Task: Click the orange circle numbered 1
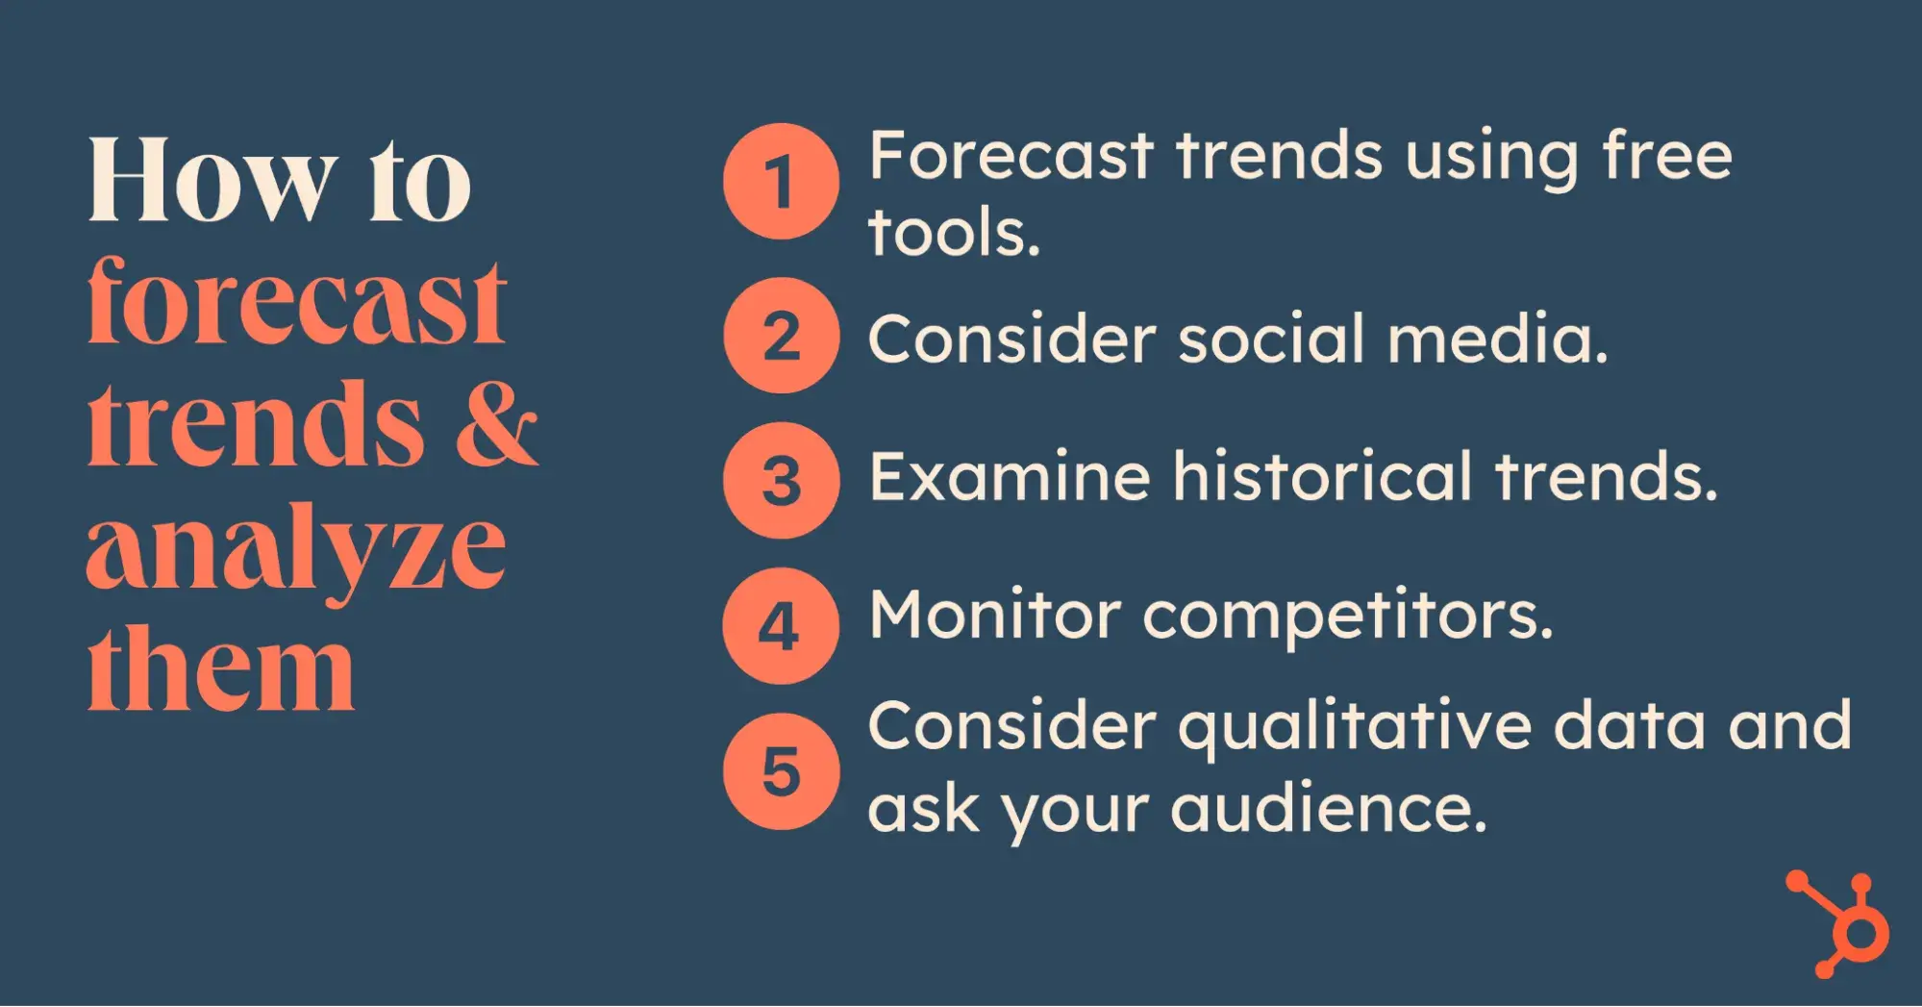pos(781,181)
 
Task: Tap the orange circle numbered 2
pos(781,336)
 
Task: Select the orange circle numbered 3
pos(781,480)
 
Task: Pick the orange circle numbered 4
pos(781,626)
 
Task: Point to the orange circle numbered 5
pos(781,771)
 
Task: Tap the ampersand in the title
pos(496,424)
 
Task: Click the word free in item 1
pos(1667,155)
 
